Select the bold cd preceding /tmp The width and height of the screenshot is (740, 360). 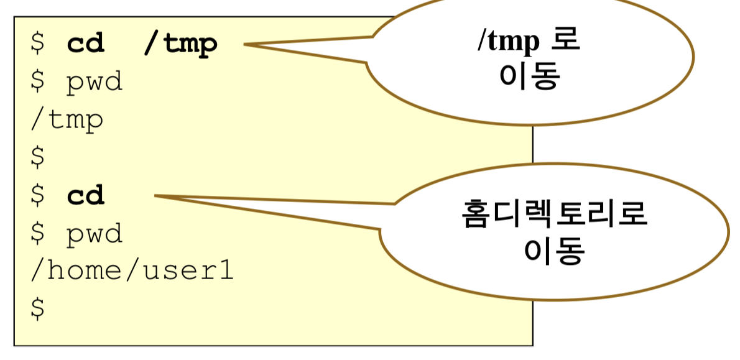(86, 45)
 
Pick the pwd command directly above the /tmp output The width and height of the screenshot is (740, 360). (95, 83)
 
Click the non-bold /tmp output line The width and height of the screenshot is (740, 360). (67, 120)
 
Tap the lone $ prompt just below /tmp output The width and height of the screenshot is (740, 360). (37, 158)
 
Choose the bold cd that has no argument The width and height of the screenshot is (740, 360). (86, 196)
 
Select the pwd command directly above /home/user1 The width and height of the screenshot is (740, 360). (95, 234)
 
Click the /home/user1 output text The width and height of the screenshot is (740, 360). (132, 271)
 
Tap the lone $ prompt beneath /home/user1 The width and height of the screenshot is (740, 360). (37, 309)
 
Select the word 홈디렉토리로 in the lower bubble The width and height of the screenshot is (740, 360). (555, 215)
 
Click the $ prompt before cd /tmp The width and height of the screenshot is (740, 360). (37, 45)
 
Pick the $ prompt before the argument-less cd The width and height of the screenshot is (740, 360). (37, 196)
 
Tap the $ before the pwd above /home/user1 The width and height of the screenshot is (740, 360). (37, 234)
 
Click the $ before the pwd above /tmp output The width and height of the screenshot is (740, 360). (37, 83)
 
